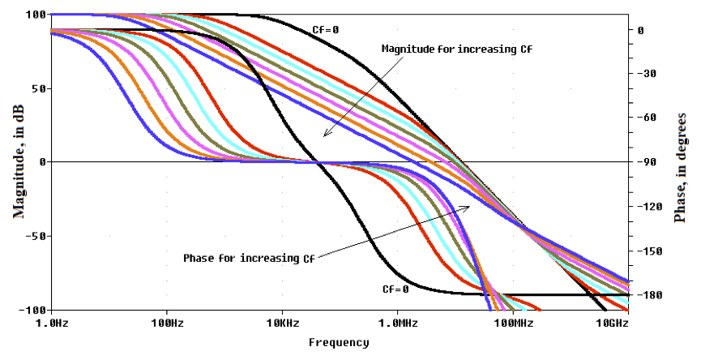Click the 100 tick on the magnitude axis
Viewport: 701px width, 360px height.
click(x=36, y=15)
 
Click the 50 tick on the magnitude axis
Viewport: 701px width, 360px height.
click(x=38, y=88)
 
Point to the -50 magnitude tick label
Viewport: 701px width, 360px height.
click(x=36, y=236)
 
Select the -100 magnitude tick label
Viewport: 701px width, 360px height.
click(x=32, y=311)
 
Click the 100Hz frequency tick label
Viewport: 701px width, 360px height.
click(x=167, y=324)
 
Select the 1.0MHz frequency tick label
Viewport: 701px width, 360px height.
click(x=398, y=324)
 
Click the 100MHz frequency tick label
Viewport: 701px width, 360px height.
click(x=513, y=324)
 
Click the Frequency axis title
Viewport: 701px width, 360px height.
click(x=338, y=342)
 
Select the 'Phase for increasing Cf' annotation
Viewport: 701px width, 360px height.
click(x=249, y=259)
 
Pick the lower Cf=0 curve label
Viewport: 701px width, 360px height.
click(x=395, y=289)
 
